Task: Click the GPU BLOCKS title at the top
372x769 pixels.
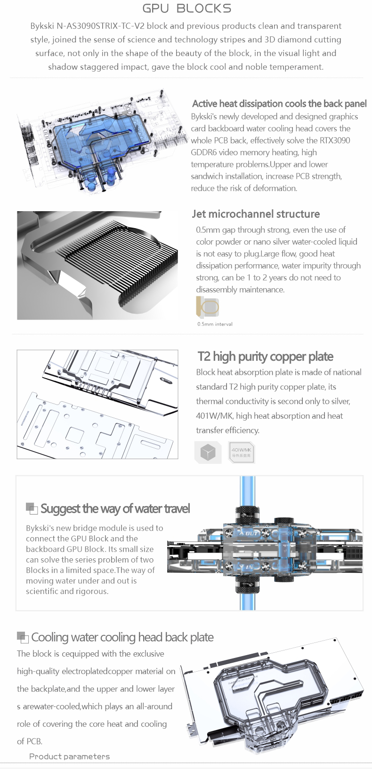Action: pyautogui.click(x=186, y=8)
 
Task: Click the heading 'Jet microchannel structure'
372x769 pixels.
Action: pyautogui.click(x=256, y=214)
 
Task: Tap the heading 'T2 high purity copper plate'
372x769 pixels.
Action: pyautogui.click(x=266, y=357)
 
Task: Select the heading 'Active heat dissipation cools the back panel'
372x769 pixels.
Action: pyautogui.click(x=279, y=103)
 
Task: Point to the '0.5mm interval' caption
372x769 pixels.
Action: pyautogui.click(x=215, y=324)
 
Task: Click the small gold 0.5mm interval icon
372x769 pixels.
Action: pyautogui.click(x=207, y=306)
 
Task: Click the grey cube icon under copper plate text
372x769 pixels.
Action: pyautogui.click(x=208, y=452)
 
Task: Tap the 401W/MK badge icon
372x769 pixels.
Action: pyautogui.click(x=242, y=452)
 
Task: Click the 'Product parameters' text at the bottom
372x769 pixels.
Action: pyautogui.click(x=69, y=756)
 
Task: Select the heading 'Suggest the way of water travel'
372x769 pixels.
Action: pyautogui.click(x=115, y=509)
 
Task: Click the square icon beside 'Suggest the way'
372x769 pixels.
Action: pyautogui.click(x=32, y=508)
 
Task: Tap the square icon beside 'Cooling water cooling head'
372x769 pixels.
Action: pyautogui.click(x=23, y=637)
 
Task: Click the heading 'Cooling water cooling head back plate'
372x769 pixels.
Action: pyautogui.click(x=122, y=637)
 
